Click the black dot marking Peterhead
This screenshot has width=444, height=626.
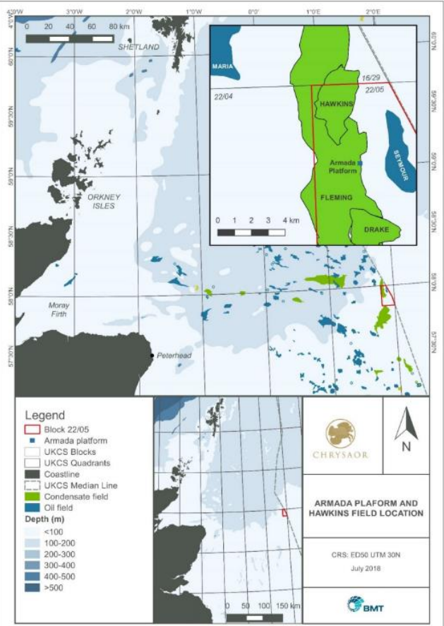click(152, 355)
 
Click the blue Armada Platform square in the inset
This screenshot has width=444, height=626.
click(360, 163)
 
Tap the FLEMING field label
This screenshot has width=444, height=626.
click(335, 198)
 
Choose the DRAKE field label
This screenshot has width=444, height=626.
click(377, 230)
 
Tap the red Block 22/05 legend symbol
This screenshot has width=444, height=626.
click(31, 428)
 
